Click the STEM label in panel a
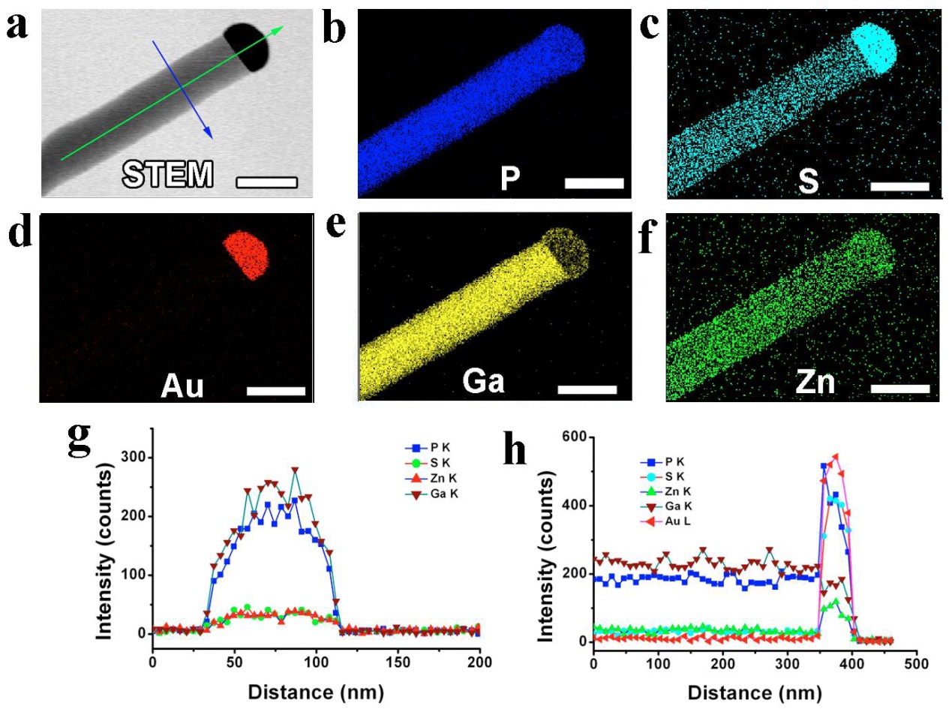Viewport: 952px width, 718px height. pyautogui.click(x=168, y=174)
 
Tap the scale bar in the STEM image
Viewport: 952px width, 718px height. pyautogui.click(x=267, y=182)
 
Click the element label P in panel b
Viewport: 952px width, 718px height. pyautogui.click(x=510, y=178)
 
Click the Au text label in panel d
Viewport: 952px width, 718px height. pyautogui.click(x=182, y=385)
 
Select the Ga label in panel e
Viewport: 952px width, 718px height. pyautogui.click(x=484, y=380)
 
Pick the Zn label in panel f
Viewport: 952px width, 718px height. pyautogui.click(x=815, y=382)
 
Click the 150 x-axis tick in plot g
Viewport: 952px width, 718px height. pyautogui.click(x=398, y=662)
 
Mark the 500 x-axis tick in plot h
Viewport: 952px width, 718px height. pyautogui.click(x=917, y=663)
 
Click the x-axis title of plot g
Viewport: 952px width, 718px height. pyautogui.click(x=316, y=691)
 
